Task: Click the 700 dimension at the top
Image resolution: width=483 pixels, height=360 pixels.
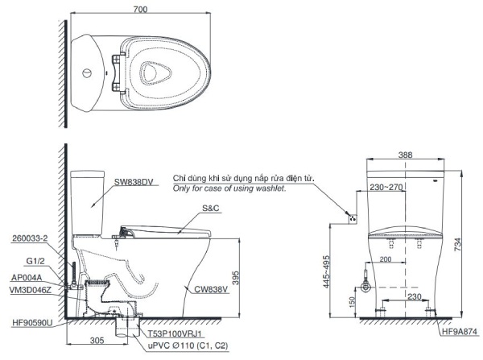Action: pyautogui.click(x=140, y=6)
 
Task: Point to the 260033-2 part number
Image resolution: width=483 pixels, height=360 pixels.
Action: pyautogui.click(x=31, y=239)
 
